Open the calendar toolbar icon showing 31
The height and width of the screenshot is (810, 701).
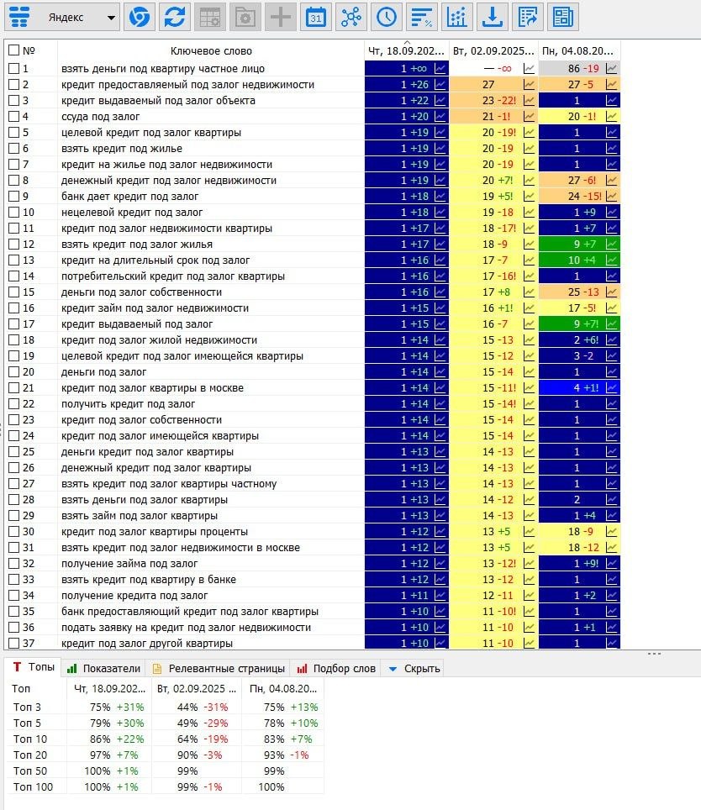(316, 18)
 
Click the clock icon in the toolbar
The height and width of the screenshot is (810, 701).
(387, 18)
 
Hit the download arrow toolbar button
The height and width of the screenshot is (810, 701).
(492, 18)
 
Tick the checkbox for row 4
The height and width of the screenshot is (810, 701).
(14, 116)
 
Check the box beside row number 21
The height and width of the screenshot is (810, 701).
(14, 388)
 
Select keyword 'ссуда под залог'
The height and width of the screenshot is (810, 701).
(100, 117)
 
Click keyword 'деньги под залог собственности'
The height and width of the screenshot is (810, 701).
(141, 292)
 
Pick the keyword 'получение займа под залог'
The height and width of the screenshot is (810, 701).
(129, 564)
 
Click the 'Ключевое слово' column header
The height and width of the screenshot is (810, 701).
(211, 51)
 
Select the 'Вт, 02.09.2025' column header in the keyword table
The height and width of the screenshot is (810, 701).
(493, 51)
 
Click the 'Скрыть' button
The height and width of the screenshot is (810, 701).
(414, 669)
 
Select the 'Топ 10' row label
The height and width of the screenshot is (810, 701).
(30, 739)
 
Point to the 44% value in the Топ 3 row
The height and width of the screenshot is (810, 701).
(187, 707)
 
